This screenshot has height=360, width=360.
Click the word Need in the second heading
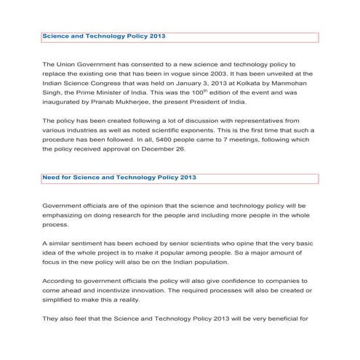tap(51, 177)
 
